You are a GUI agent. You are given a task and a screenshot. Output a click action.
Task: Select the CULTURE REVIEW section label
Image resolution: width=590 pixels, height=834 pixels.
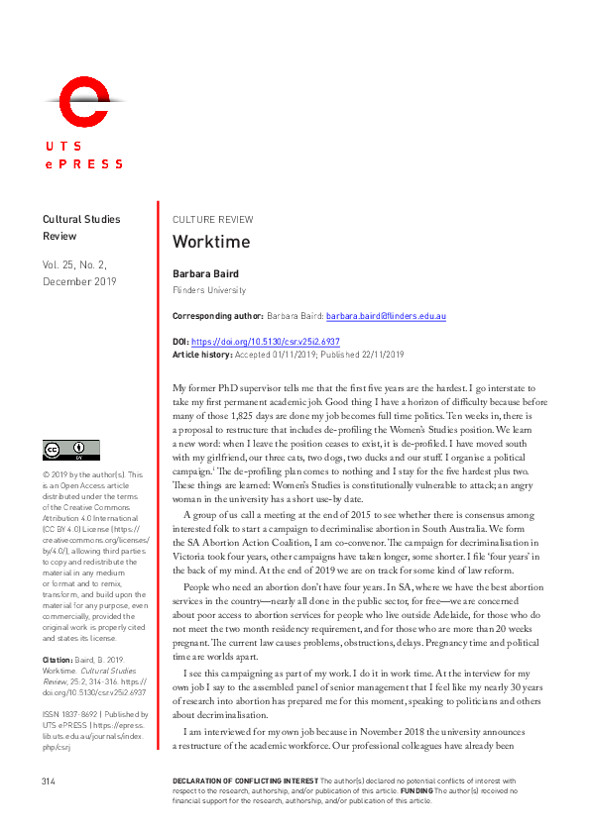[212, 220]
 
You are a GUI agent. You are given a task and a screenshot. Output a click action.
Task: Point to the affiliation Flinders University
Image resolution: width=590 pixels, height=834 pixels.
[209, 290]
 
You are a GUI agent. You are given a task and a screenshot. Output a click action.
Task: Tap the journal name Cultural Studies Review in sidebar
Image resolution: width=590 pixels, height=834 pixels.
[80, 229]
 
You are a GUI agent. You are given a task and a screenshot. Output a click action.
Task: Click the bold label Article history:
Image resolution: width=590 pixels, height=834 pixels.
[202, 354]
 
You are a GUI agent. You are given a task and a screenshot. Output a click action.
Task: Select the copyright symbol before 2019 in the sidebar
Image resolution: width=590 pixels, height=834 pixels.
[46, 474]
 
